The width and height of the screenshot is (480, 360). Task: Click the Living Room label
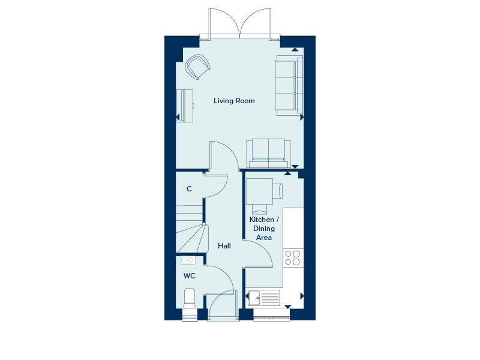click(x=234, y=101)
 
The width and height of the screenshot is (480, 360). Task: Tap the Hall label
click(x=224, y=246)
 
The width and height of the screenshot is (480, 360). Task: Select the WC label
click(x=189, y=276)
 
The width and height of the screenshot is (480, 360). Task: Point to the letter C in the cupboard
click(x=189, y=189)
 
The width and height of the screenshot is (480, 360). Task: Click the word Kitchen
click(x=262, y=220)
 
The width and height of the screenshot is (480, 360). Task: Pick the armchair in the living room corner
click(x=198, y=67)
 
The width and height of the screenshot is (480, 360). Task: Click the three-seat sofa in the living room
click(x=289, y=86)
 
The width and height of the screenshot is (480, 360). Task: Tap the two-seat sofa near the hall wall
click(x=268, y=153)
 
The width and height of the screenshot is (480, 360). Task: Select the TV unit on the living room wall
click(x=185, y=106)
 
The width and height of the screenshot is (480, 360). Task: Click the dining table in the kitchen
click(x=260, y=191)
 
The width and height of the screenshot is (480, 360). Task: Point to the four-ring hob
click(x=293, y=258)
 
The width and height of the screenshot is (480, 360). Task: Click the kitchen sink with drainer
click(x=264, y=298)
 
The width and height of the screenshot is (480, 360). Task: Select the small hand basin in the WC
click(x=187, y=260)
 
